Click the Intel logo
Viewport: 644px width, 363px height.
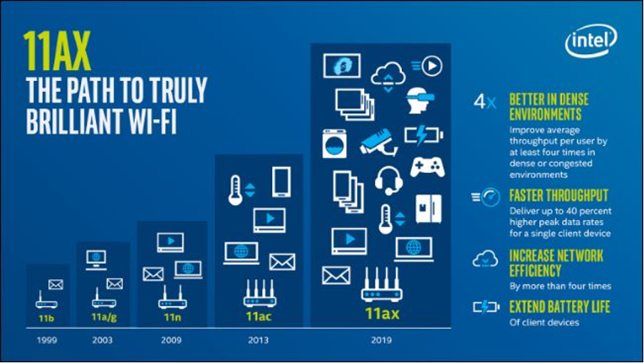[591, 40]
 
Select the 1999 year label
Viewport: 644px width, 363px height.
[47, 340]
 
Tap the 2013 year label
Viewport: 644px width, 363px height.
[258, 340]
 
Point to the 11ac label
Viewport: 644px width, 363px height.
[259, 316]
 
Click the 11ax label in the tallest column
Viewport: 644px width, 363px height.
[382, 314]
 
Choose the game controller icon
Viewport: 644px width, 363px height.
[427, 167]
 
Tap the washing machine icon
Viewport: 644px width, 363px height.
[334, 144]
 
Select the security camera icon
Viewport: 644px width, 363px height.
[379, 142]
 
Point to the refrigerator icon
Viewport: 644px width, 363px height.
[428, 209]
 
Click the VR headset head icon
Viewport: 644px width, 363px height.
[420, 100]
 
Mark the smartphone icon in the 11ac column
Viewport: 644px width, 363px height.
[281, 181]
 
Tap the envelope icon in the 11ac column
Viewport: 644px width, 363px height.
[282, 262]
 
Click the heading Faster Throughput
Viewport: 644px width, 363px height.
[559, 196]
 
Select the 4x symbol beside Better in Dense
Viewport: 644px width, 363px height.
[484, 101]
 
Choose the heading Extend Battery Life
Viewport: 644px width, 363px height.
[559, 306]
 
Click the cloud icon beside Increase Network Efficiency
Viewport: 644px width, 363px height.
[485, 258]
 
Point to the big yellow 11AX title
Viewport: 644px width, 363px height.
[57, 51]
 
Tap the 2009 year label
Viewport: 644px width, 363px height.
[171, 340]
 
